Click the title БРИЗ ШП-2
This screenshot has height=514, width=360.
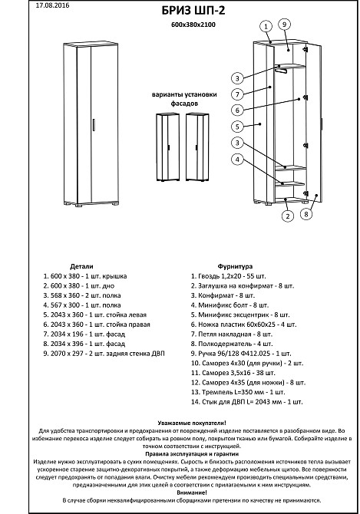point(193,11)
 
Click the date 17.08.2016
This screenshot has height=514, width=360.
point(52,5)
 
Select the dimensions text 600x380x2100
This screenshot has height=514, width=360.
point(193,25)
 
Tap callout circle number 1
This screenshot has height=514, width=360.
point(266,27)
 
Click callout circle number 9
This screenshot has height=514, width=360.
point(284,25)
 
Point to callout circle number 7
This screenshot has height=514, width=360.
point(237,94)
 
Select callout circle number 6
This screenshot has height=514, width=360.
point(237,110)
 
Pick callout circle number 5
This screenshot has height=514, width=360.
point(237,127)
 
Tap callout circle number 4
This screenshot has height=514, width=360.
point(237,160)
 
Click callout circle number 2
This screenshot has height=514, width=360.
point(288,216)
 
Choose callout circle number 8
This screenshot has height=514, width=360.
point(306,214)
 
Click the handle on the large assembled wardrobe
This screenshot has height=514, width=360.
point(94,125)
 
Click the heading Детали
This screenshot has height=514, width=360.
point(81,266)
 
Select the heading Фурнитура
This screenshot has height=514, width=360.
point(235,266)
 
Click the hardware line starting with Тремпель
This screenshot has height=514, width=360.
point(238,392)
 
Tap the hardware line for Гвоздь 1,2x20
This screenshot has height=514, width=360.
point(229,276)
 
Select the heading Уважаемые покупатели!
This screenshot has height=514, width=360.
point(192,423)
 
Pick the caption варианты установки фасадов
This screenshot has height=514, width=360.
point(184,99)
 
